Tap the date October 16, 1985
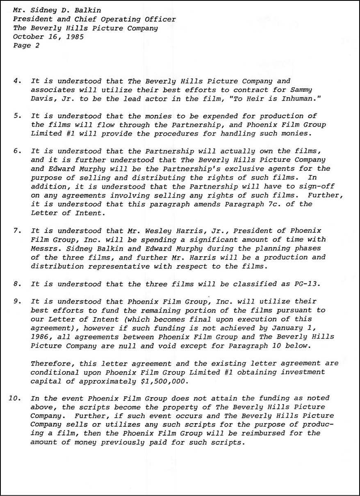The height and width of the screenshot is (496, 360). click(x=48, y=37)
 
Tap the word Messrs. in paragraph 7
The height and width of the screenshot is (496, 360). click(x=46, y=248)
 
